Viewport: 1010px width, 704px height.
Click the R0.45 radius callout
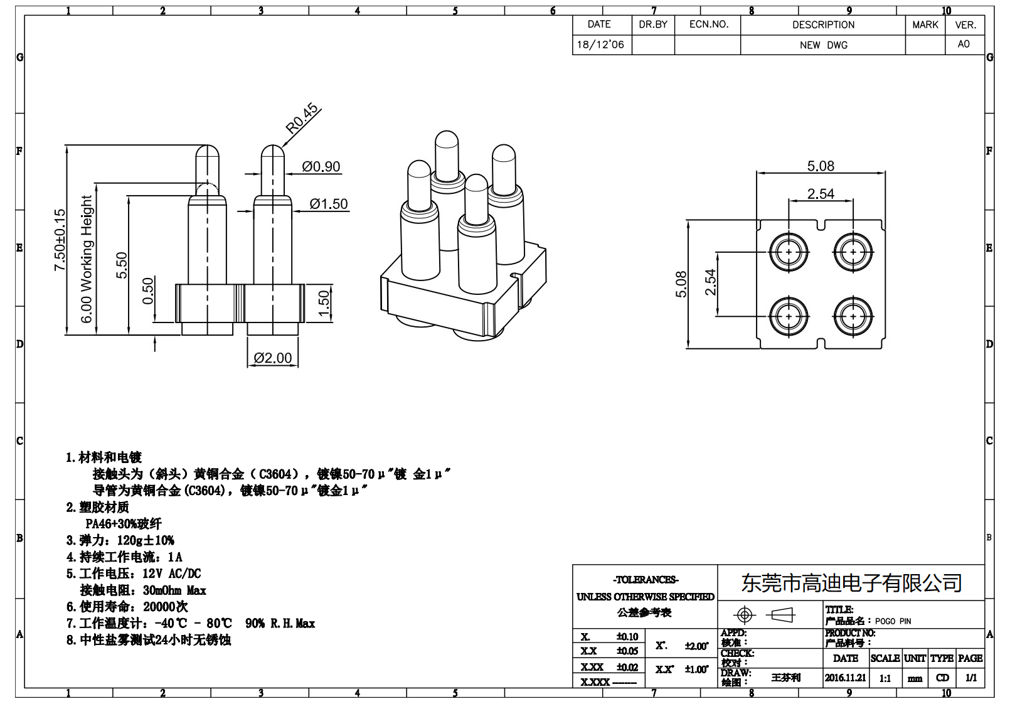coord(302,119)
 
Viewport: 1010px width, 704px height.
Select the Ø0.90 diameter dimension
coord(321,167)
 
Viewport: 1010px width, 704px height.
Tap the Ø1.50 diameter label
coord(328,204)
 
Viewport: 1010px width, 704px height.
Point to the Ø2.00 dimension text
coord(273,358)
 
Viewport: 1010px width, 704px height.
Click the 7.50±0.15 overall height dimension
coord(60,240)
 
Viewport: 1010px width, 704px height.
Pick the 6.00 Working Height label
coord(87,259)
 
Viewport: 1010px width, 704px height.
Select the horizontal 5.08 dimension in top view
coord(821,166)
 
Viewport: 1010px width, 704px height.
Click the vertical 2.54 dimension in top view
coord(710,282)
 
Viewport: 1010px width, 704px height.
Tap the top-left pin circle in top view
coord(789,252)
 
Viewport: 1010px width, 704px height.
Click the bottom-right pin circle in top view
coord(853,317)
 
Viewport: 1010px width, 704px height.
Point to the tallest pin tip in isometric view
coord(447,139)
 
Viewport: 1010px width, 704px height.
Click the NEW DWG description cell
coord(823,45)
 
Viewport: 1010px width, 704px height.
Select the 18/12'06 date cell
coord(600,45)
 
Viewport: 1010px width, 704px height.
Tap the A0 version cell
coord(964,44)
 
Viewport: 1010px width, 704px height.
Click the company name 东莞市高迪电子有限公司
coord(851,583)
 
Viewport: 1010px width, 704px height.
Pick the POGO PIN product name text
coord(893,621)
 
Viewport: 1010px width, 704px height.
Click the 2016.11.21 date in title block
coord(845,678)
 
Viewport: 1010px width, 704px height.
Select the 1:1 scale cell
coord(885,678)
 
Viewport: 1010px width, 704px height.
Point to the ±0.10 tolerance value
coord(627,636)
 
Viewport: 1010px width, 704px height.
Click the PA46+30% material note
coord(124,523)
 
